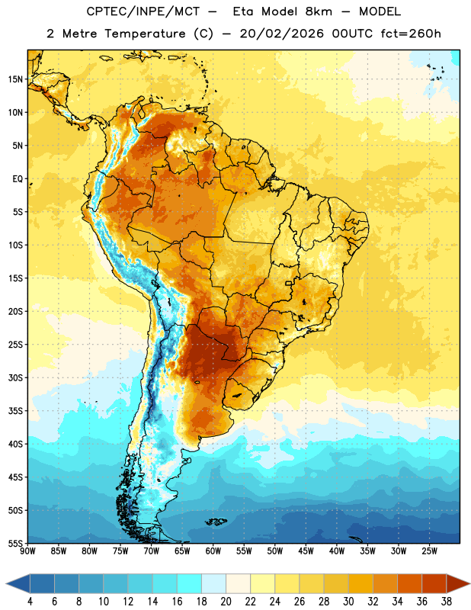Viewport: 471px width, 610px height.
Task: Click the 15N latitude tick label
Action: [x=15, y=79]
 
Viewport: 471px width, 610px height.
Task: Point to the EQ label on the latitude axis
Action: [x=18, y=179]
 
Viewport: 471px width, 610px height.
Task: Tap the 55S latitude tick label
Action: [x=15, y=544]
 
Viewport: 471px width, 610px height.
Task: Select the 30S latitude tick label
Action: [x=15, y=377]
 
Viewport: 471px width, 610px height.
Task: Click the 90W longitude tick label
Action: [x=27, y=551]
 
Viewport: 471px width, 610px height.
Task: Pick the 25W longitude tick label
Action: [x=429, y=551]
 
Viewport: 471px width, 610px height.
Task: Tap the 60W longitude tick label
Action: [x=213, y=551]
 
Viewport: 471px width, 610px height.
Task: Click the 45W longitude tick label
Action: [x=306, y=551]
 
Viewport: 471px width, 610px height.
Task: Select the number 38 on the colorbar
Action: [x=447, y=602]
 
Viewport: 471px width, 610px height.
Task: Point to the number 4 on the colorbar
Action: [x=30, y=602]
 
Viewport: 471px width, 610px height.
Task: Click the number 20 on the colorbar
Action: [x=226, y=602]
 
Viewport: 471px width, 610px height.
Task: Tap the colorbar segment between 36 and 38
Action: [x=434, y=583]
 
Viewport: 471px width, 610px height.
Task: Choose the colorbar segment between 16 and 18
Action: [x=190, y=583]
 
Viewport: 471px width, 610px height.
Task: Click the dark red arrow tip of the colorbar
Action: [x=469, y=583]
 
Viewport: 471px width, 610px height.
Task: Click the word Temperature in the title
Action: [x=145, y=34]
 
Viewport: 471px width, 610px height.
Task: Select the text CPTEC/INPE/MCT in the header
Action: [x=143, y=11]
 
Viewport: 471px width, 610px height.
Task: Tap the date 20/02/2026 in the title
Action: [x=281, y=34]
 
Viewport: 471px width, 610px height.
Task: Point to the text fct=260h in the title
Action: [x=411, y=34]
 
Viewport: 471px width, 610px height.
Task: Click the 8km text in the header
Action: [x=319, y=11]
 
